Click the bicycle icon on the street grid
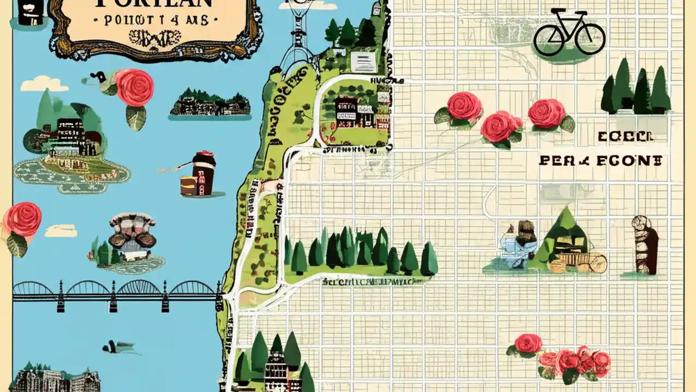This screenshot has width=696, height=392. tap(569, 32)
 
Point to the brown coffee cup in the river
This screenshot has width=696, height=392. tap(202, 174)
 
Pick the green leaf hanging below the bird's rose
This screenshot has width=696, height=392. tap(135, 117)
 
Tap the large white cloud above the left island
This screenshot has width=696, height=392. tap(45, 84)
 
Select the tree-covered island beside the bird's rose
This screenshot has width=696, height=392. tap(210, 103)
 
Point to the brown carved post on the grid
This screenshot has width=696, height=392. tap(645, 245)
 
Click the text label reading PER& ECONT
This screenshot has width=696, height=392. tap(600, 161)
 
